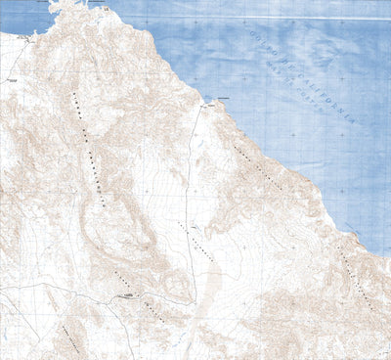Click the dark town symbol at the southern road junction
coord(127,293)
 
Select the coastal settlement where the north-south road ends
coord(209,100)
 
